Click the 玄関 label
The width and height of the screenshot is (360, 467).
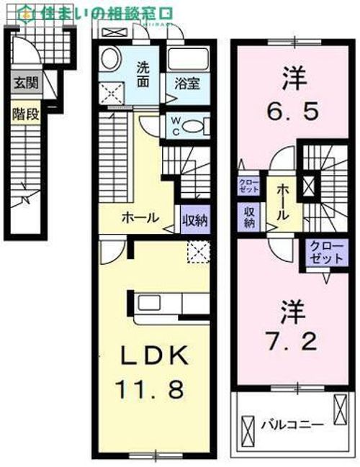[x=24, y=83]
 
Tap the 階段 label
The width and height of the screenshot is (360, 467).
[x=24, y=114]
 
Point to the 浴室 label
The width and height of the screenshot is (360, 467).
[x=186, y=81]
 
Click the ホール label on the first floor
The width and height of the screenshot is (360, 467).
[x=140, y=217]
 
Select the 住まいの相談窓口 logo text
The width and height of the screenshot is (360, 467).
[x=97, y=12]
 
